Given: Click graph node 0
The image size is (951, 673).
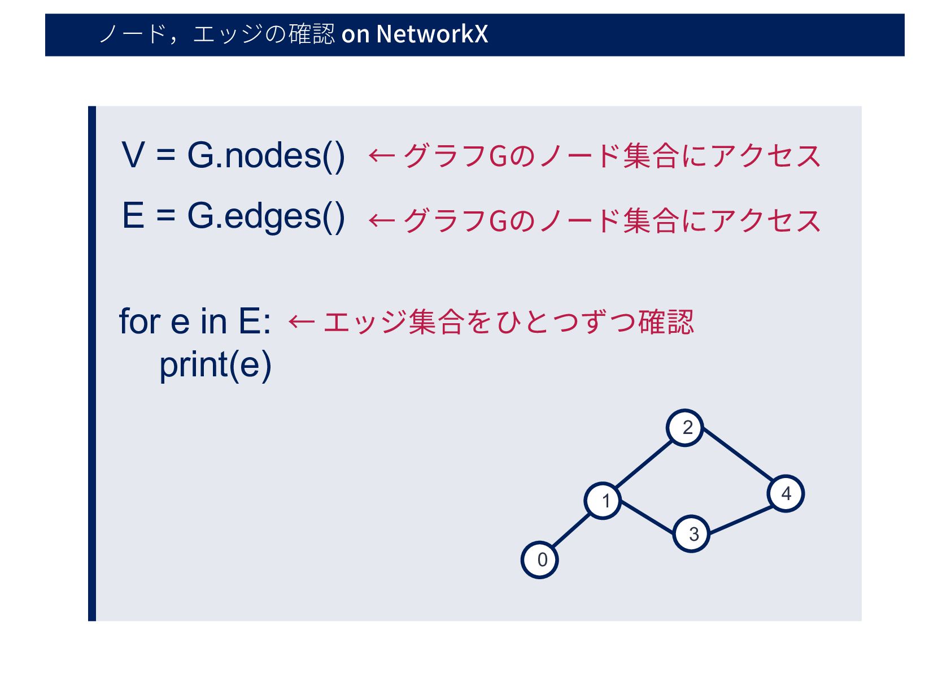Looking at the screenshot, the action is [540, 559].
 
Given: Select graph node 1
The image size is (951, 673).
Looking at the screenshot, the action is [603, 501].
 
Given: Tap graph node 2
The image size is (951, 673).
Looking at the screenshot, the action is [685, 428].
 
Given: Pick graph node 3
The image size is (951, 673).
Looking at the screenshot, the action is [691, 533].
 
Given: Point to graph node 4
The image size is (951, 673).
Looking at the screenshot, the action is [786, 494].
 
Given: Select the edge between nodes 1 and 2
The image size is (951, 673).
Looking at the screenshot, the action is [644, 464].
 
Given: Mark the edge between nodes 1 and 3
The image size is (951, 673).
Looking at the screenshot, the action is [647, 517].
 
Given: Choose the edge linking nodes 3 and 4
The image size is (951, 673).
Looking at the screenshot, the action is [740, 519].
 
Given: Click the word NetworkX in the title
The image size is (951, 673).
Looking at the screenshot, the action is [432, 34].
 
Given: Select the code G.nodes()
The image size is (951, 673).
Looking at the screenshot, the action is [266, 155].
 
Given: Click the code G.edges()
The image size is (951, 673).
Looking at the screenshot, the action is [266, 216].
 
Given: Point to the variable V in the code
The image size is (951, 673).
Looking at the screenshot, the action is [133, 155].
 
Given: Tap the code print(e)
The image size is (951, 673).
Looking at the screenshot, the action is [215, 365].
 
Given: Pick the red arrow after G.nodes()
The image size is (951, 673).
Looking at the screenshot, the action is [382, 155].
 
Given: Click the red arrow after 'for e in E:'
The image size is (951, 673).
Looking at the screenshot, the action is [301, 322].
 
